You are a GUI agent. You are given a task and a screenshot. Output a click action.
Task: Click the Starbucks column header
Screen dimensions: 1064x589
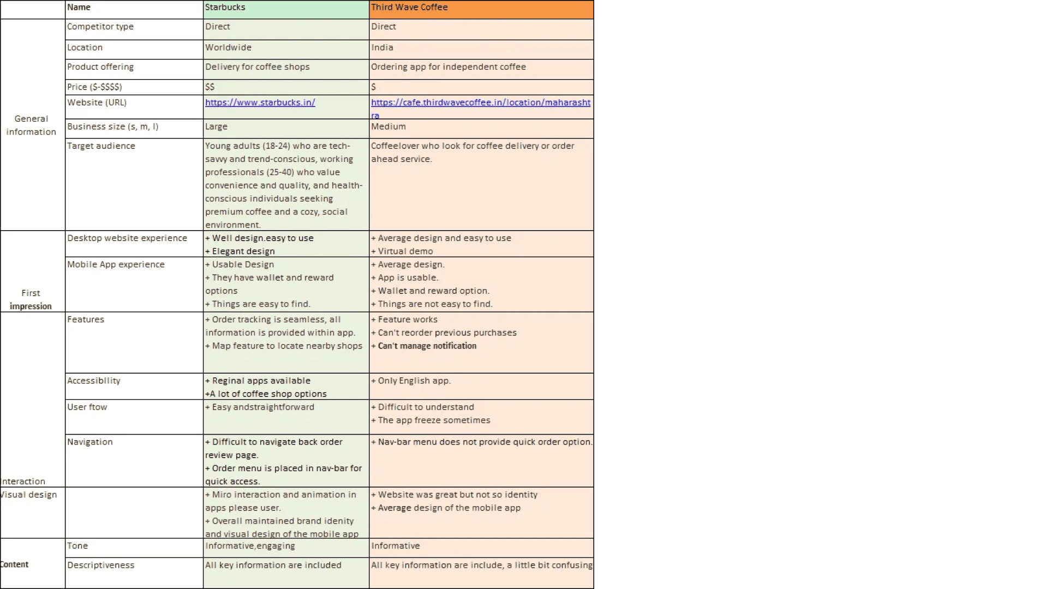click(225, 8)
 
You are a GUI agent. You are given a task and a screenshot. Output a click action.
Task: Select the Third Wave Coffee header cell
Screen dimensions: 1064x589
click(409, 8)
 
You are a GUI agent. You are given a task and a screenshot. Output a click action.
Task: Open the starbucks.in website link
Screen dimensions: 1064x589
click(260, 103)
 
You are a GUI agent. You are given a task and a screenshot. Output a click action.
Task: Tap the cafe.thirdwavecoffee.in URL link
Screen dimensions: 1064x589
click(480, 103)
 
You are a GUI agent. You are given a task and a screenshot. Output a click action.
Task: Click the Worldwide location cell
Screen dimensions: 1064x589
click(228, 48)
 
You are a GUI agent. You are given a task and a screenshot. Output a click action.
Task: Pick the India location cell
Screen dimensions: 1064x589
click(382, 48)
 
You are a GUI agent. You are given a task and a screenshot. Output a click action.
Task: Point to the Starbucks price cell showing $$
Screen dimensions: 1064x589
click(210, 87)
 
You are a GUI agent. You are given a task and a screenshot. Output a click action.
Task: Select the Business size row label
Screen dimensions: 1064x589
click(112, 127)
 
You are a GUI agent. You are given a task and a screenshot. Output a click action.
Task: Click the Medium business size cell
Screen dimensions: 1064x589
click(388, 127)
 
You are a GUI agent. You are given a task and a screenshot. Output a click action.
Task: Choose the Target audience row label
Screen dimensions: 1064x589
click(101, 146)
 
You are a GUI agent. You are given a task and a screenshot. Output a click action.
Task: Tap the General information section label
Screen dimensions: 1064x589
click(31, 125)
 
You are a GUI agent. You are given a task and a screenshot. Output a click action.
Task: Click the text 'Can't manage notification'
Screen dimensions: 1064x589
click(427, 346)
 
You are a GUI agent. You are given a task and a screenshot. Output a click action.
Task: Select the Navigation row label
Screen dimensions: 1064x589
click(90, 442)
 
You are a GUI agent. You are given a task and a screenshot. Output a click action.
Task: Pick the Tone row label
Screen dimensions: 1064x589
click(77, 546)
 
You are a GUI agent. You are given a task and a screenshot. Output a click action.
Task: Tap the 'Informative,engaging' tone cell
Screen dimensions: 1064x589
click(250, 546)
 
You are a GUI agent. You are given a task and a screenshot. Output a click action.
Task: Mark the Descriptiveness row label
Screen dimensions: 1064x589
click(100, 566)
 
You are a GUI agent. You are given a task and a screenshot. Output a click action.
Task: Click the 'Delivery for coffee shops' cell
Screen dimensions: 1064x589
click(257, 67)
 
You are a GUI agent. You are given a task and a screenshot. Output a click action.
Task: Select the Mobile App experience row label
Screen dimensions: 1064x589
click(116, 265)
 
